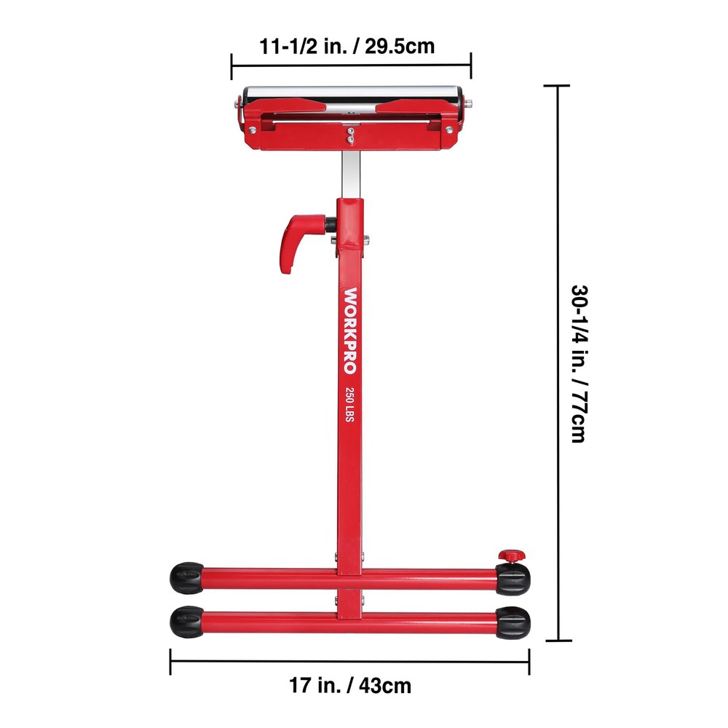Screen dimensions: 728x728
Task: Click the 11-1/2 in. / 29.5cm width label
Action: tap(347, 47)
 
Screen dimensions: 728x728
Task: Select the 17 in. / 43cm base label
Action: tap(349, 685)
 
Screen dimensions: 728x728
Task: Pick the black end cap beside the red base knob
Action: tap(514, 578)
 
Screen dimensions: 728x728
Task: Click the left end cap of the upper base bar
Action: tap(186, 577)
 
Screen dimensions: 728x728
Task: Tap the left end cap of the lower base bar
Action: tap(186, 622)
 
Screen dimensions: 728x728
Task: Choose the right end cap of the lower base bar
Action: tap(514, 622)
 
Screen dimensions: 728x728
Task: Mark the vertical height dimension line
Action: tap(558, 363)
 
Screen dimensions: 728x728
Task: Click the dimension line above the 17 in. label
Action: tap(349, 661)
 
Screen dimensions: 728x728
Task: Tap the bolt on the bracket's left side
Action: tap(252, 130)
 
